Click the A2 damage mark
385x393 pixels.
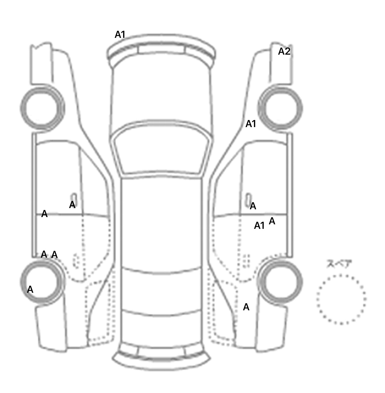(284, 51)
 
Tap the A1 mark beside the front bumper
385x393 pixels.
(120, 35)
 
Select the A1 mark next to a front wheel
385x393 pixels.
(251, 124)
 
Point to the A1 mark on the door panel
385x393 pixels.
(259, 226)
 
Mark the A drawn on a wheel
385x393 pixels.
(30, 289)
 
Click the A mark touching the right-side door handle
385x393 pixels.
(253, 206)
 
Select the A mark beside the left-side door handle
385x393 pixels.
(72, 205)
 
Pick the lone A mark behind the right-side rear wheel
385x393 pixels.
(246, 307)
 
